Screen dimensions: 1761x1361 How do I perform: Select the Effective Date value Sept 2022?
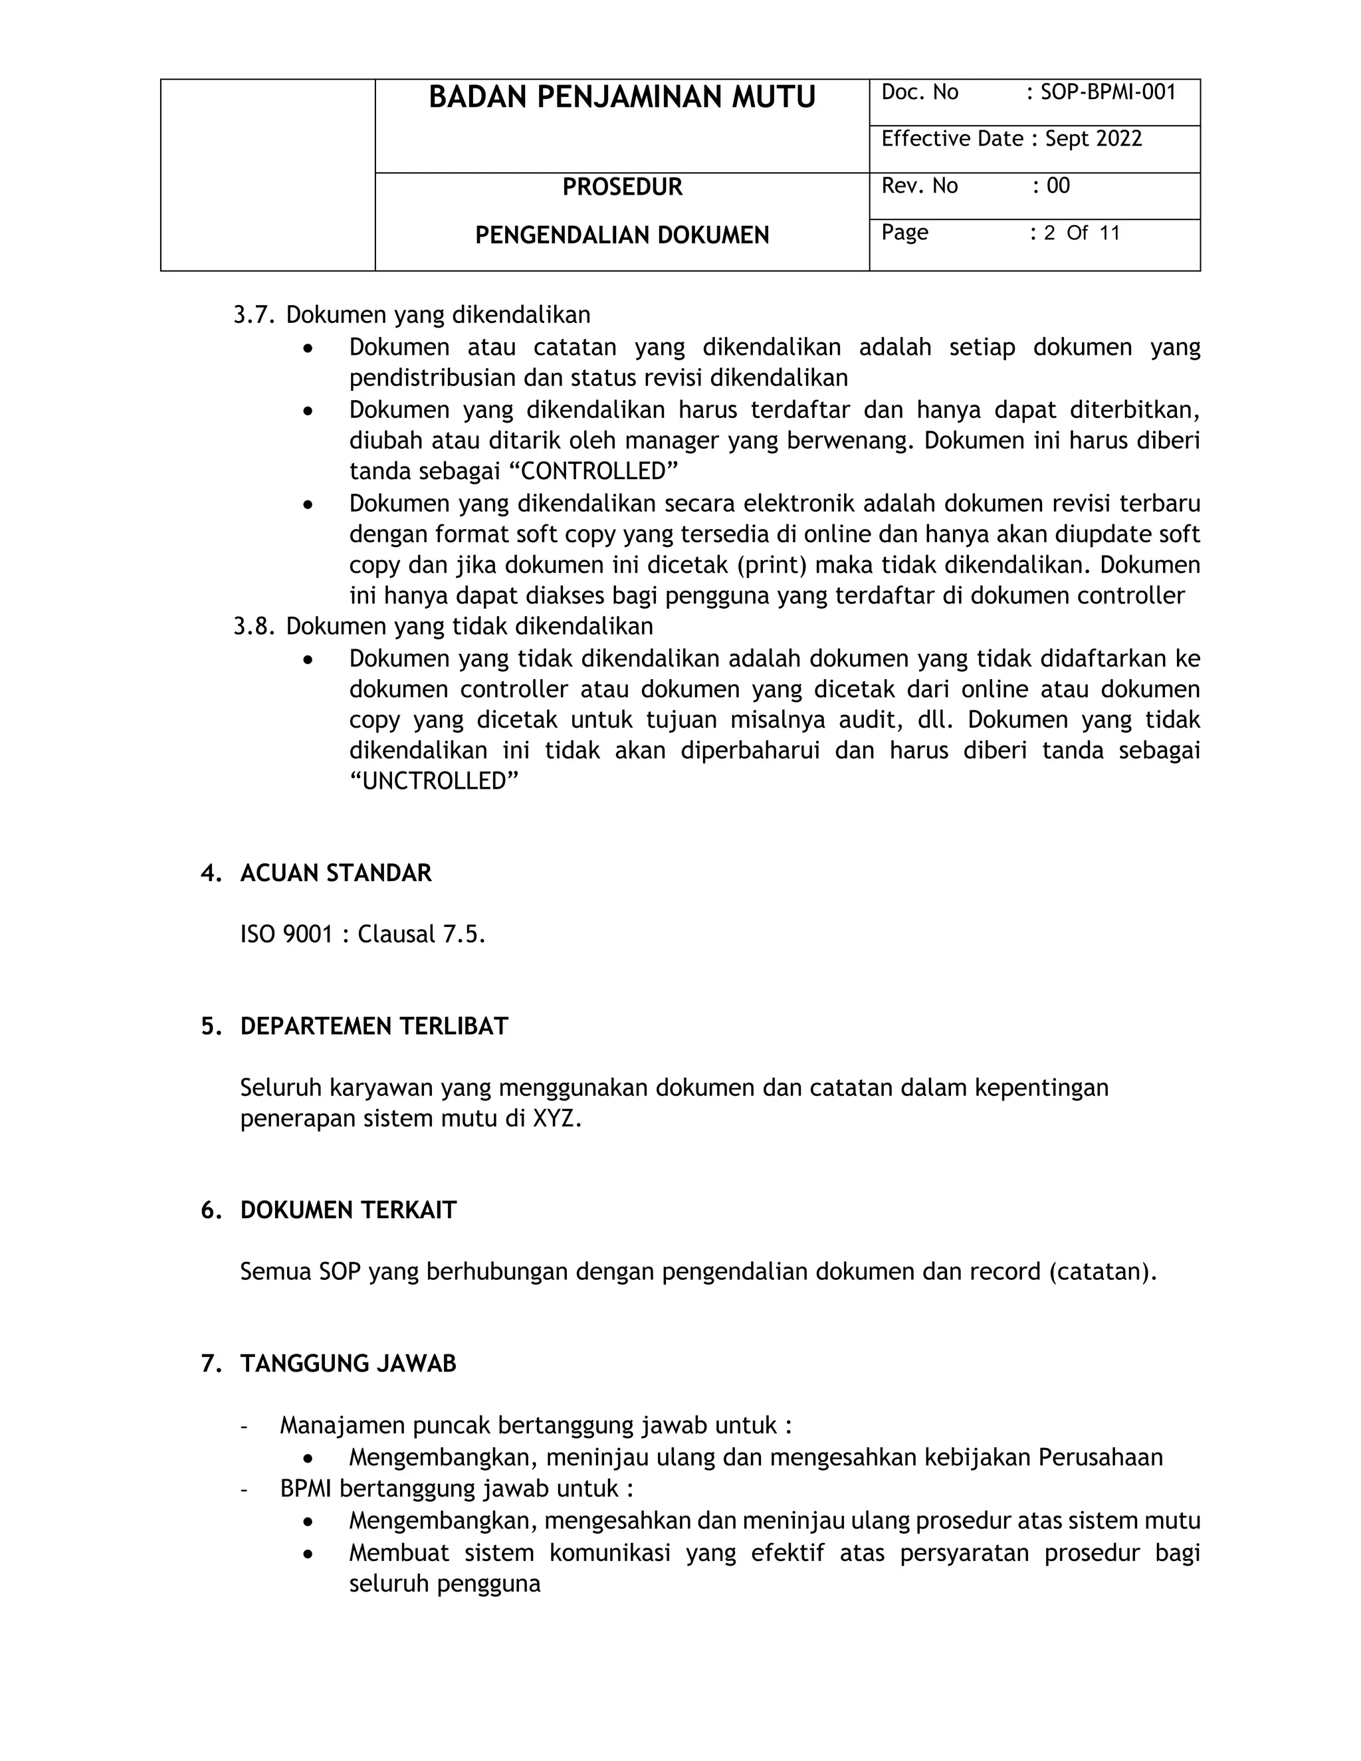click(1093, 140)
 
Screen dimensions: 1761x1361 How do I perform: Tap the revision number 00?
click(1058, 186)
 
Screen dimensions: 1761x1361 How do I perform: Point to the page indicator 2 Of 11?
click(1081, 233)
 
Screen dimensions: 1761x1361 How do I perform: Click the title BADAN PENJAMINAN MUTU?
click(621, 98)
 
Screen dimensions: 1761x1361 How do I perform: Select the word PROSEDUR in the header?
click(621, 187)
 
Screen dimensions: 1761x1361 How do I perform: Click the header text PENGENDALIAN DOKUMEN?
click(621, 235)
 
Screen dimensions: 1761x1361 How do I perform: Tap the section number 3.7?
click(254, 315)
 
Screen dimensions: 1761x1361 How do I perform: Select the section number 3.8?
click(254, 627)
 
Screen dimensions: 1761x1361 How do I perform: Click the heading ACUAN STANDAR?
click(336, 873)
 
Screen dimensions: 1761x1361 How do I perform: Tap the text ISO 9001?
click(286, 934)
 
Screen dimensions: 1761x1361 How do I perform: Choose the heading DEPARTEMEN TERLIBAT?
click(374, 1027)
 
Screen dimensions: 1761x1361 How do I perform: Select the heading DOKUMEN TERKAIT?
click(348, 1210)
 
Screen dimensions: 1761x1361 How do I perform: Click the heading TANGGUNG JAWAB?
click(348, 1364)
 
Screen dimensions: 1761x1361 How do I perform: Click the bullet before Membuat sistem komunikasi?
click(307, 1554)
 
